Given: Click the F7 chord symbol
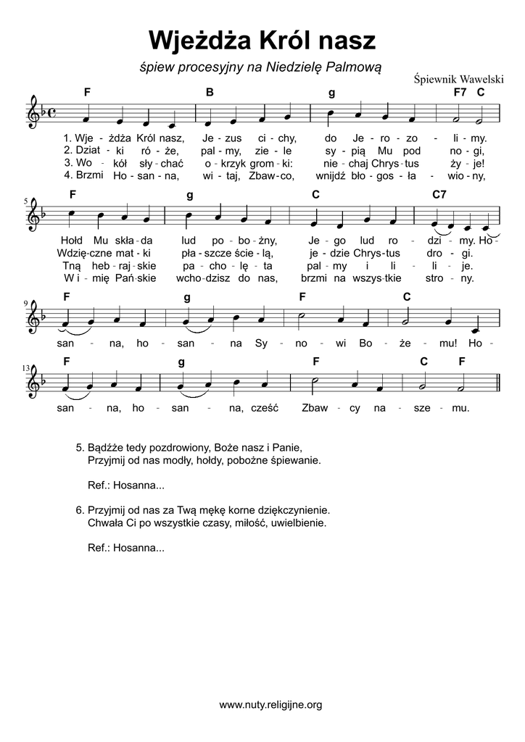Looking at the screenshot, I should pos(460,92).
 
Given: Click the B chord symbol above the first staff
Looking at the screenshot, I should pos(209,92).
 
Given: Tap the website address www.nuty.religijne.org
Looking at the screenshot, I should pos(270,704).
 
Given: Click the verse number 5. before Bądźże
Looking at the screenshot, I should pos(80,446).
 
